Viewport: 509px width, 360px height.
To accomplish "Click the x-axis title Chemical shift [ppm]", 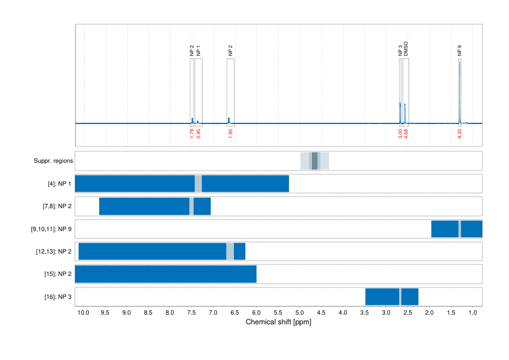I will click(278, 322).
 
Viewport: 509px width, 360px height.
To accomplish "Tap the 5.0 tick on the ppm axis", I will click(299, 313).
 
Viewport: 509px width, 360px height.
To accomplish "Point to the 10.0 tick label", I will click(83, 313).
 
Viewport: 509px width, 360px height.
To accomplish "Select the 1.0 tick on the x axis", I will click(472, 313).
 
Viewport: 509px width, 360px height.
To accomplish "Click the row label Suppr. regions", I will click(53, 161).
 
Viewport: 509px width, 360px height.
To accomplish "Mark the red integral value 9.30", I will click(460, 134).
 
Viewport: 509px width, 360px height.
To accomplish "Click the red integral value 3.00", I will click(400, 134).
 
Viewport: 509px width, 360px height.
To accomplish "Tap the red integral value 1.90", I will click(230, 134).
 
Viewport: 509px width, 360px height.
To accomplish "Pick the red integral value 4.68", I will click(406, 134).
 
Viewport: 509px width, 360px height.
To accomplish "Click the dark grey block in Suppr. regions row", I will click(314, 161).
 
